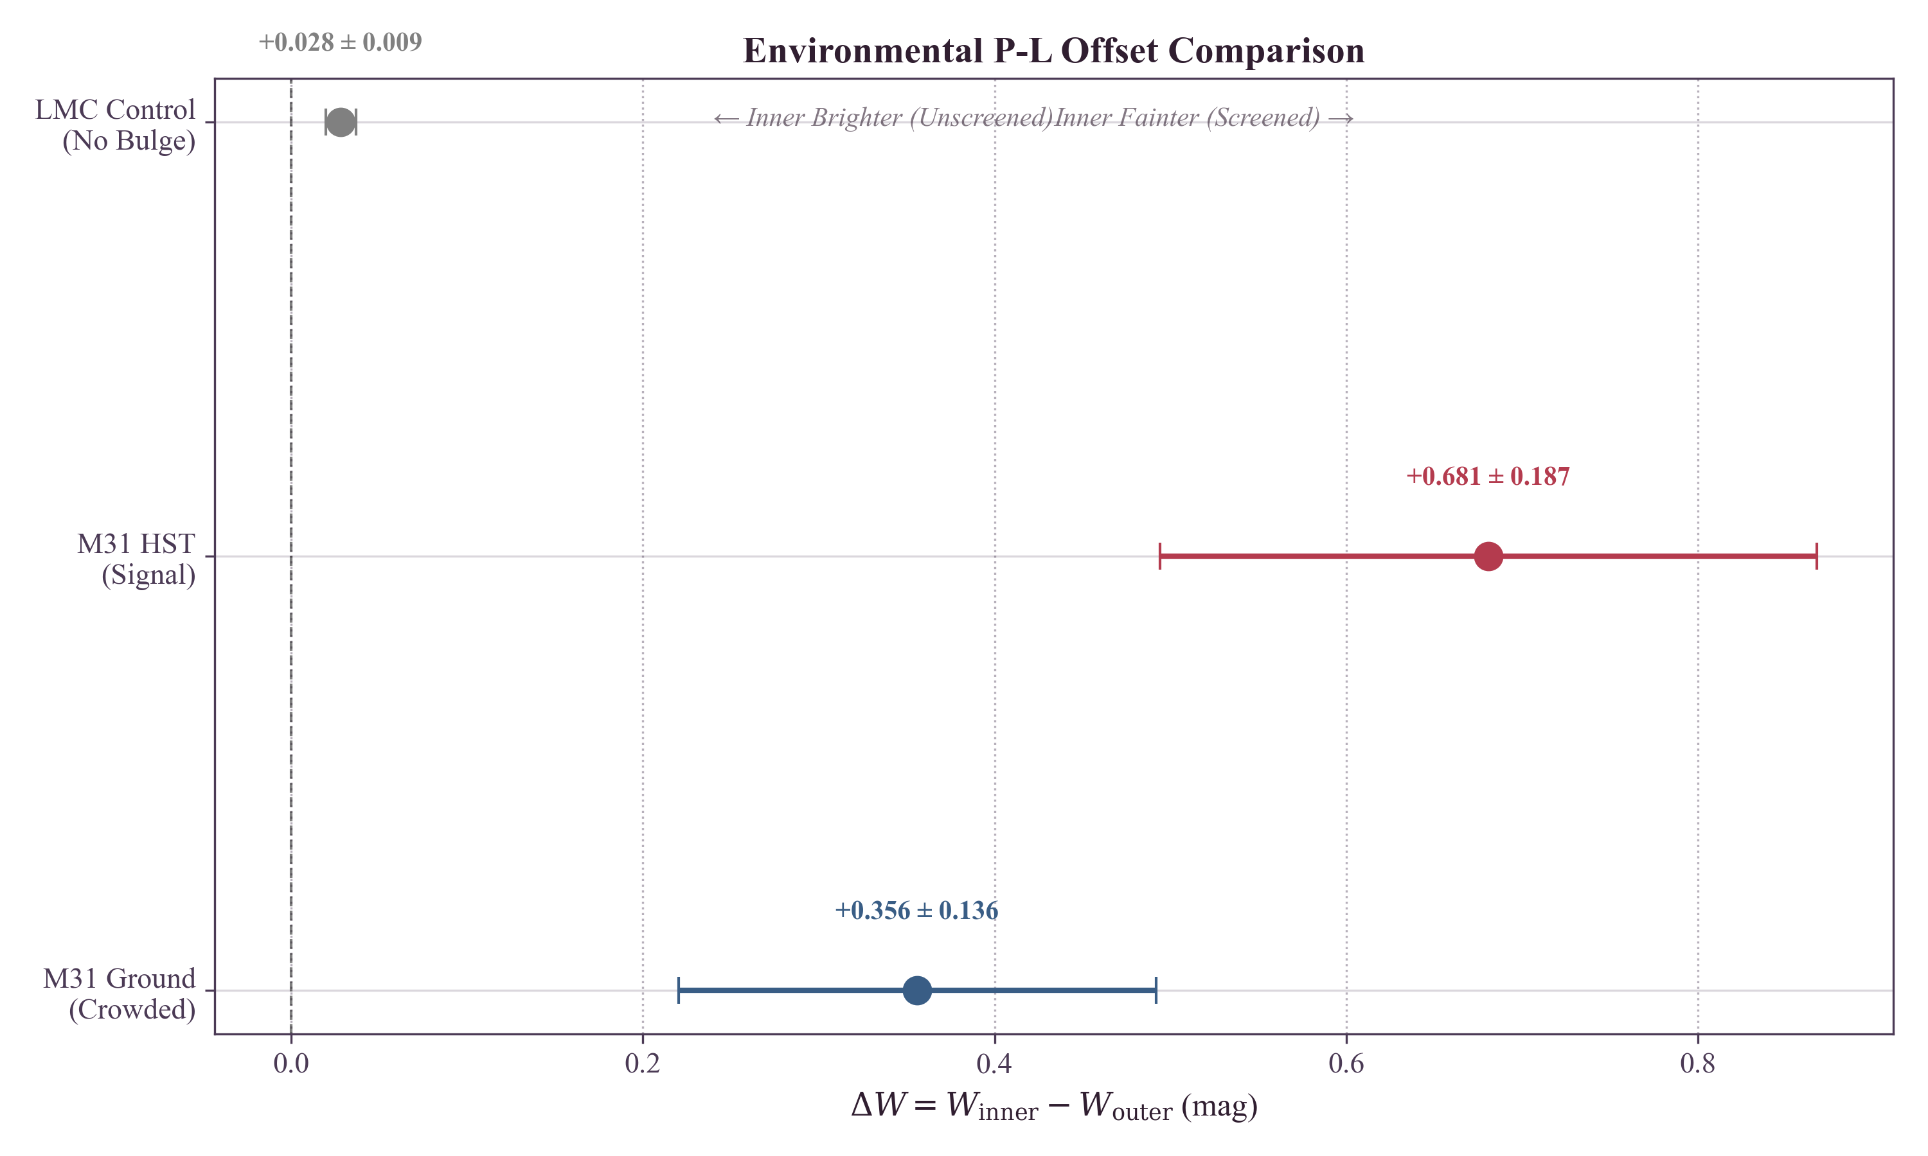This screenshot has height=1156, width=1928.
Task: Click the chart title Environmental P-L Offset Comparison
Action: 1053,51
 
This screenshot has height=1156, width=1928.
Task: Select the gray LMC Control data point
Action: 341,122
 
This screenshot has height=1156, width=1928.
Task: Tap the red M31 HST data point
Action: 1488,556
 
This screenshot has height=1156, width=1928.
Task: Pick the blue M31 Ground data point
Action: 916,990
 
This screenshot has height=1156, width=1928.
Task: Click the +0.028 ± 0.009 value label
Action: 340,42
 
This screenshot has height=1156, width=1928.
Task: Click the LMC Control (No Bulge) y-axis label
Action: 115,125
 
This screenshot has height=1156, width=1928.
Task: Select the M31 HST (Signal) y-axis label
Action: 136,559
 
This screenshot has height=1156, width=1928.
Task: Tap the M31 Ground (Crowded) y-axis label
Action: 120,993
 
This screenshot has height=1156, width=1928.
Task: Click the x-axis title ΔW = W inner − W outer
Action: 1053,1106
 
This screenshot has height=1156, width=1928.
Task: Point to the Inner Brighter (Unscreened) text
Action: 884,118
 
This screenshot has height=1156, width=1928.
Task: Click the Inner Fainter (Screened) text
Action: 1203,118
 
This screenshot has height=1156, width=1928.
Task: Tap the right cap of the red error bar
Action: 1817,556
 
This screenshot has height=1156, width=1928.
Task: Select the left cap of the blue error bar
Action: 679,990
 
